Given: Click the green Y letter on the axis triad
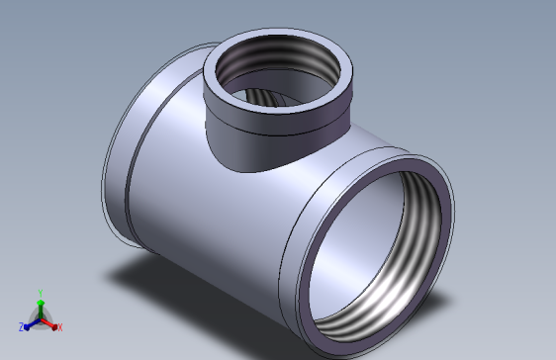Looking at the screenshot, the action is click(41, 293).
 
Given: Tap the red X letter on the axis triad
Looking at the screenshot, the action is click(60, 327).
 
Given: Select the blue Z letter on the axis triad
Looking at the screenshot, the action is click(21, 327).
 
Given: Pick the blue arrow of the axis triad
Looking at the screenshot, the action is click(33, 324).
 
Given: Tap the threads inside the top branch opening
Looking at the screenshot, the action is click(277, 53).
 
